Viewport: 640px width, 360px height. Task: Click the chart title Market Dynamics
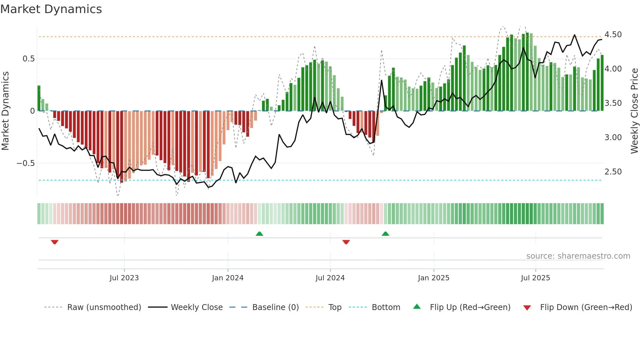pos(51,9)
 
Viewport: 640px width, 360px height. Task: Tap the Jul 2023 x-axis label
pos(124,278)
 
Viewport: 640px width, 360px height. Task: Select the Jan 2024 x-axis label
pos(228,278)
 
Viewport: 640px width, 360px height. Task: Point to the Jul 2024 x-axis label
pos(330,278)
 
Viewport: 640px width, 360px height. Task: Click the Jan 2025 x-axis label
pos(434,278)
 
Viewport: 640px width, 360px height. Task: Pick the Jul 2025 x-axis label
pos(536,278)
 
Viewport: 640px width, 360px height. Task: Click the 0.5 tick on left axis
pos(28,59)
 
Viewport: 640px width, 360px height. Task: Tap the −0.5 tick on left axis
pos(26,163)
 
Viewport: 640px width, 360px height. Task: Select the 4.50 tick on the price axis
pos(613,35)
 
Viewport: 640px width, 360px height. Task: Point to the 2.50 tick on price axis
pos(613,172)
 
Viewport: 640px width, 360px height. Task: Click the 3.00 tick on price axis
pos(613,138)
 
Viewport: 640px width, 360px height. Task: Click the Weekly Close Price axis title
pos(634,111)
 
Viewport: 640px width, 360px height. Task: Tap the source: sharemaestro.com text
pos(578,256)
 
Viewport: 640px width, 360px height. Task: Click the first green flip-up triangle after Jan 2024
pos(259,234)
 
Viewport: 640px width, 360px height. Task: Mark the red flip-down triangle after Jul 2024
pos(346,242)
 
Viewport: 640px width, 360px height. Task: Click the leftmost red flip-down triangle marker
pos(55,242)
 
